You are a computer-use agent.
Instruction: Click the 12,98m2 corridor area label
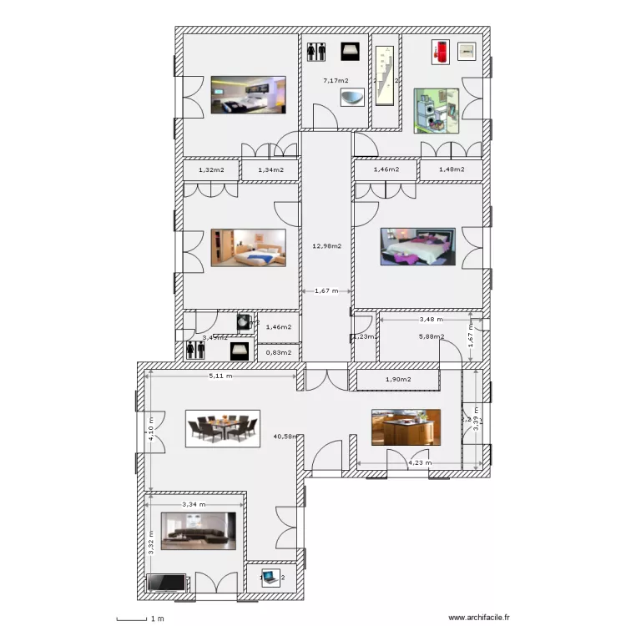(325, 246)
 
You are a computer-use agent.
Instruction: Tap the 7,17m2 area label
(336, 81)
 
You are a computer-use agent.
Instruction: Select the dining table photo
(222, 429)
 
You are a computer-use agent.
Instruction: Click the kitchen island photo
(405, 427)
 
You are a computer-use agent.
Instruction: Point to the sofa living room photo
(199, 530)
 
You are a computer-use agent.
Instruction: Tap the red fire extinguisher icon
(441, 51)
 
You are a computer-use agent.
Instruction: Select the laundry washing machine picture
(436, 110)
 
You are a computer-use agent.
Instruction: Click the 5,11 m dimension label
(220, 376)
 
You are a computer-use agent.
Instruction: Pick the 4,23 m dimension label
(420, 462)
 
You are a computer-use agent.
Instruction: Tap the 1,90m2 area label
(398, 381)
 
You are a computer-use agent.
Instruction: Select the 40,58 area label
(285, 436)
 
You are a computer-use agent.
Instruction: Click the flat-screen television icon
(165, 583)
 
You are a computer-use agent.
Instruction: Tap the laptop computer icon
(270, 576)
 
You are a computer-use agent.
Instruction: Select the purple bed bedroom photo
(417, 246)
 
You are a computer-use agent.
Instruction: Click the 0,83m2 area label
(278, 352)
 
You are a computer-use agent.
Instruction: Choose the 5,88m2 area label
(431, 337)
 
